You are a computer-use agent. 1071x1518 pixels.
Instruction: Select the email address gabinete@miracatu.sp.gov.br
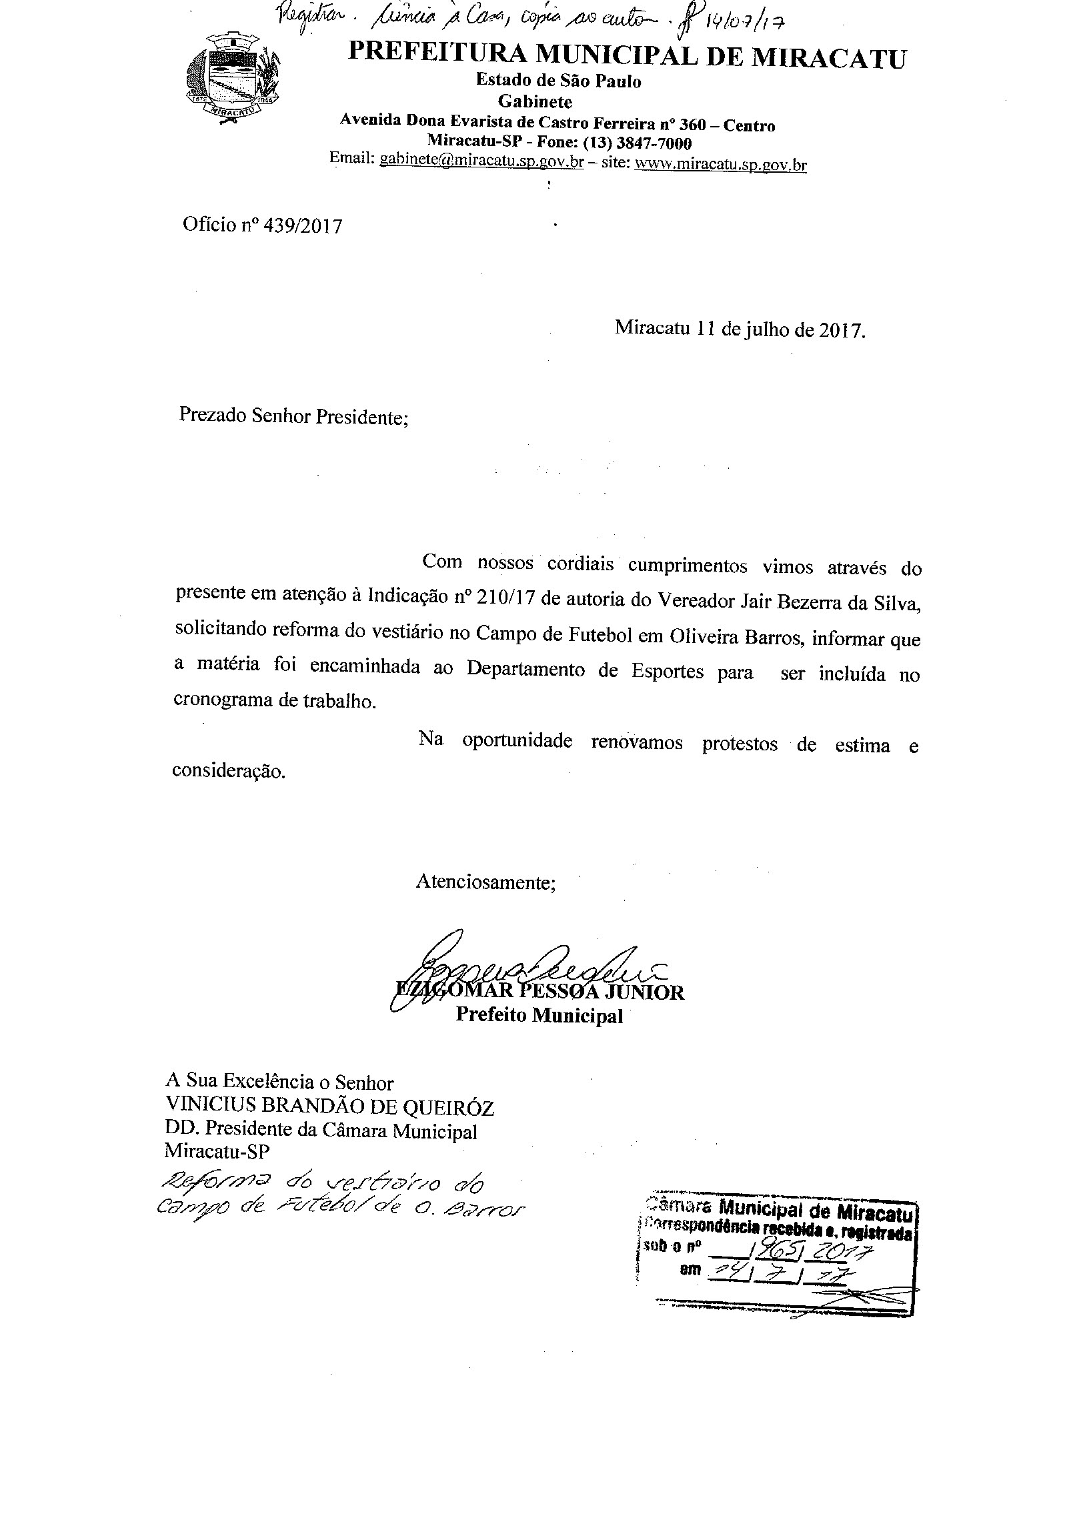tap(481, 161)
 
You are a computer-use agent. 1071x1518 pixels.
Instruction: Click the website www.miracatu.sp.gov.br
tap(720, 163)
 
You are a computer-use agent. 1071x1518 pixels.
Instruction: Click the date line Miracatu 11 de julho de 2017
tap(740, 329)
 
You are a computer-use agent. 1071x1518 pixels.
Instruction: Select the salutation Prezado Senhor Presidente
tap(293, 416)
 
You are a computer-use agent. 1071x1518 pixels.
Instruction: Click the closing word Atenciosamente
tap(485, 882)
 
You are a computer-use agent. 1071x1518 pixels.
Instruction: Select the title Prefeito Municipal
tap(539, 1016)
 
